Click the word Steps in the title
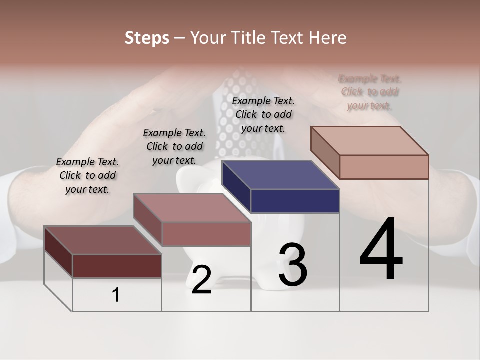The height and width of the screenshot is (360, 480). [x=147, y=38]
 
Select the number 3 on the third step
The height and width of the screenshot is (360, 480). [x=292, y=265]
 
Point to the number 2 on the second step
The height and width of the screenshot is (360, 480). [x=201, y=280]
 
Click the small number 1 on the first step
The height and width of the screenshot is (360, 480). [x=116, y=295]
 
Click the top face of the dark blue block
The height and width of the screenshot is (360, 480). [x=280, y=175]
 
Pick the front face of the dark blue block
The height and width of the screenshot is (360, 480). [x=295, y=201]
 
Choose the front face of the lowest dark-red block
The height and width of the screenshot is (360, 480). [x=117, y=266]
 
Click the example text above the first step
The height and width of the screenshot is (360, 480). [x=87, y=175]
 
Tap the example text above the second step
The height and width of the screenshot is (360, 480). [x=174, y=146]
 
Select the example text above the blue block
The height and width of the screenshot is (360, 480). [x=263, y=114]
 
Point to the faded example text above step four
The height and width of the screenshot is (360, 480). [x=370, y=92]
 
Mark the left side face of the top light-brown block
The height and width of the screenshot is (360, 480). [x=325, y=152]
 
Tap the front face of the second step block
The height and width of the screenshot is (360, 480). [x=206, y=234]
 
